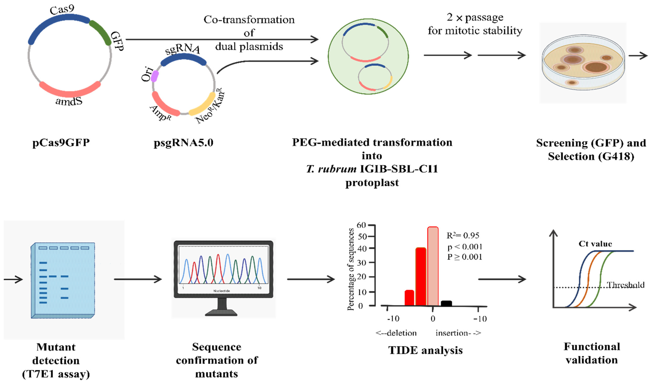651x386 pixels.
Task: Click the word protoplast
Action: click(372, 183)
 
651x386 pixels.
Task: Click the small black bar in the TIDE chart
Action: click(446, 303)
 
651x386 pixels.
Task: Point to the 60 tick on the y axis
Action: click(361, 225)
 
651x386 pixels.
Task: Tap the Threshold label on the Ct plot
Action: click(626, 285)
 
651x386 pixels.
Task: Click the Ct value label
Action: click(595, 244)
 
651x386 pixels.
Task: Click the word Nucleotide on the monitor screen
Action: click(221, 291)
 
